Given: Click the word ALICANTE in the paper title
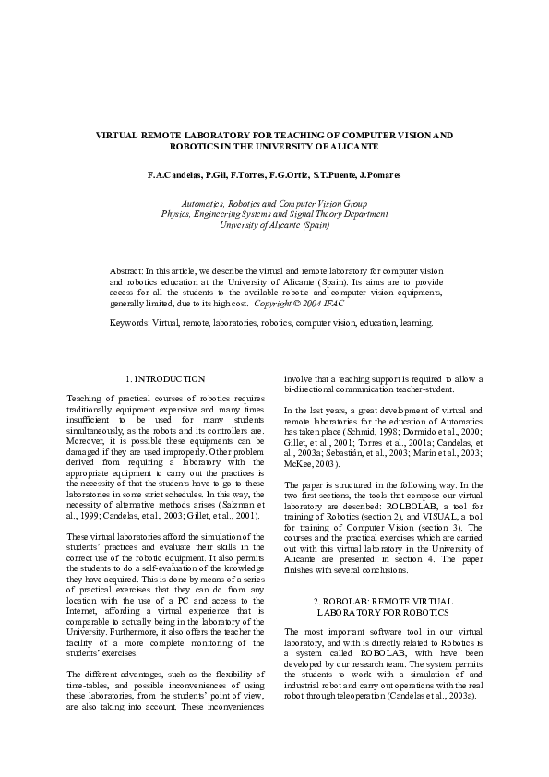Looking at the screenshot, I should (x=353, y=147).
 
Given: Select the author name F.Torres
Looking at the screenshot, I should (x=261, y=174).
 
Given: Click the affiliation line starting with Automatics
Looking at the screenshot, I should (x=274, y=203).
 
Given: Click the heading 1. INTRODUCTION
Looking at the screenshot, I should (x=164, y=378).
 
